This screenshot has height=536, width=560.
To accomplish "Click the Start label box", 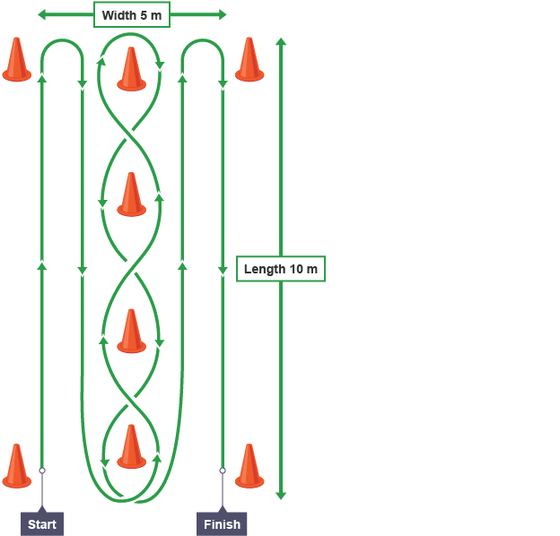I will (42, 523).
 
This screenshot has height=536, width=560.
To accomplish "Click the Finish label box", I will (222, 523).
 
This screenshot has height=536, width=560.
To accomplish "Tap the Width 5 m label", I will (131, 15).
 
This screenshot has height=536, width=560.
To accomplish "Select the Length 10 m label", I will (280, 269).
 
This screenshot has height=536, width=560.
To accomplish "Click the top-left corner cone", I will (16, 60).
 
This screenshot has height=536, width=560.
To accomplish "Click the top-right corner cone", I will (249, 60).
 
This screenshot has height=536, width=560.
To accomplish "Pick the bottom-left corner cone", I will (16, 466).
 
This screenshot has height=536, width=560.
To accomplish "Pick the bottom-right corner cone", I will (249, 466).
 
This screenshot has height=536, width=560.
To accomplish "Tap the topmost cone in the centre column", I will (131, 69).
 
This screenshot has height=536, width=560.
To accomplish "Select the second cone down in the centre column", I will (131, 195).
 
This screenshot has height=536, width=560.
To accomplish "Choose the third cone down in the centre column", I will (131, 331).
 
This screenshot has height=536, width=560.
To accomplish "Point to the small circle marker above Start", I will (42, 470).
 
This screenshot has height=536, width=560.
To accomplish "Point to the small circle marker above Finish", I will (222, 470).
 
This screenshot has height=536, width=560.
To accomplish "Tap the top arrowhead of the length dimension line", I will (281, 42).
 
